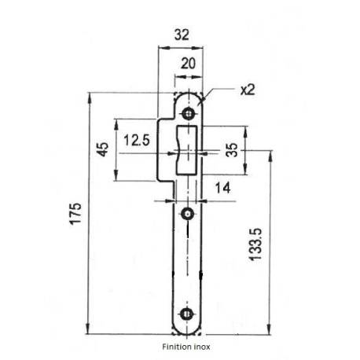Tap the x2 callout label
246,89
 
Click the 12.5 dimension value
137,141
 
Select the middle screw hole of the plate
188,214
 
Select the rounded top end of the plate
188,97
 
